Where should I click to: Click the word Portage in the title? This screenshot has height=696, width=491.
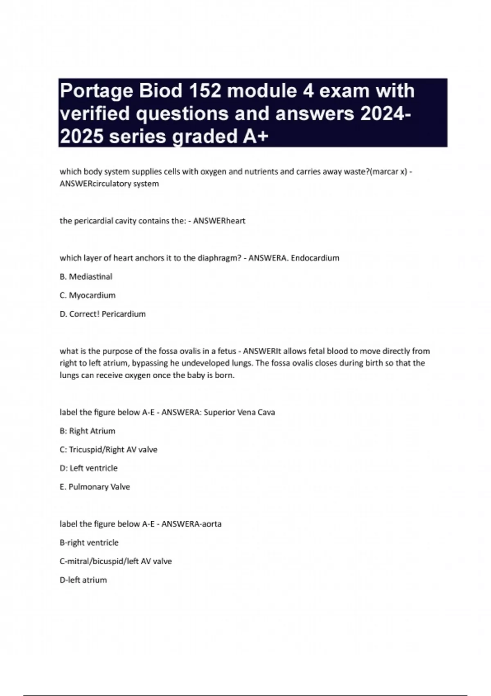click(97, 91)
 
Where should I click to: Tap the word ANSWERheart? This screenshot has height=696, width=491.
click(219, 221)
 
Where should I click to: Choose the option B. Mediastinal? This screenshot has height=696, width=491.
click(86, 277)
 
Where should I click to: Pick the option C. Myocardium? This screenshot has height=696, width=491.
click(88, 295)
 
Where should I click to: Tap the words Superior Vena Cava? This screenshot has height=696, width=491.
click(239, 412)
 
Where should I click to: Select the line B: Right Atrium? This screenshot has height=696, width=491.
click(88, 431)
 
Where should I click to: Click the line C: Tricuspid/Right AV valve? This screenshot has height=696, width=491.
click(108, 450)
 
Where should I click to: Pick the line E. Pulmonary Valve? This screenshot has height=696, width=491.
click(95, 487)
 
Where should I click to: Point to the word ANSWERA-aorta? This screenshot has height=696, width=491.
click(191, 524)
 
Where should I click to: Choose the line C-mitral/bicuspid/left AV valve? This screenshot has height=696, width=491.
click(116, 561)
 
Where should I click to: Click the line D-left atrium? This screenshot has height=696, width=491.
click(83, 580)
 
